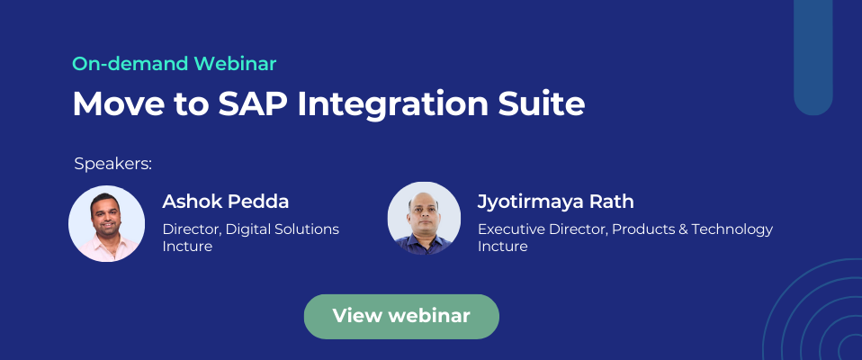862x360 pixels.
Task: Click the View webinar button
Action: pos(401,316)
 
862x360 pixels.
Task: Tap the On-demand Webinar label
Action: pos(174,64)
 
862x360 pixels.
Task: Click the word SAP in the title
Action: pos(247,104)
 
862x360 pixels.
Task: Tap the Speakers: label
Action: pos(112,164)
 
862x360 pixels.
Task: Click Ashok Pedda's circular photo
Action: pos(106,223)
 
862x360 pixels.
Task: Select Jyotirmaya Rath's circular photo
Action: pos(424,218)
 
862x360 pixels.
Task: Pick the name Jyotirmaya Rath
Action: pos(556,201)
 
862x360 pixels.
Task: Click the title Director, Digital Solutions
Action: pos(250,229)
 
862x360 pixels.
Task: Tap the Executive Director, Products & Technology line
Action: pos(624,229)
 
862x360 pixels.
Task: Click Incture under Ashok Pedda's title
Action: pos(186,246)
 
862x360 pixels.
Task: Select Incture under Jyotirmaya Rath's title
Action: pos(502,246)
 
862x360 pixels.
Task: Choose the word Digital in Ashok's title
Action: pos(248,229)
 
